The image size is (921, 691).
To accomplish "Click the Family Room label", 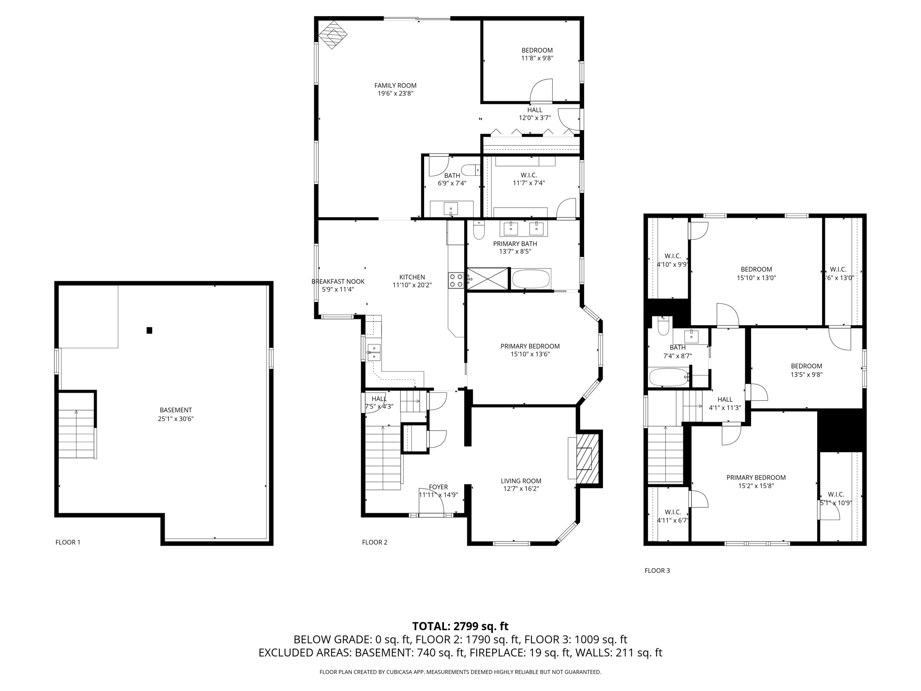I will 395,85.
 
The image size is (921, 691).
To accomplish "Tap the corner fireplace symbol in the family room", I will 333,34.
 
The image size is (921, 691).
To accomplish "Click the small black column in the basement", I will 149,330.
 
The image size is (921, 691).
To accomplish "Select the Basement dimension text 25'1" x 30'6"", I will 175,418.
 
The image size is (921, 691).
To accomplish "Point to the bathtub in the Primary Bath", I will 531,279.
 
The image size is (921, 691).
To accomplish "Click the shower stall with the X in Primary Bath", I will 487,279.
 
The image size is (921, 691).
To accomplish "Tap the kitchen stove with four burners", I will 456,280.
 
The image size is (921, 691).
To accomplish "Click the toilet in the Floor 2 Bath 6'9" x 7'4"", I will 471,170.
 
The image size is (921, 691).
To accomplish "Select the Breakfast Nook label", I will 338,282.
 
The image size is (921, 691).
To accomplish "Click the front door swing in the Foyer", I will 431,502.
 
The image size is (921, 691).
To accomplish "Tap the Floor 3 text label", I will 657,570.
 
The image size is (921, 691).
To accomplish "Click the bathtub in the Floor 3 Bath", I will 669,377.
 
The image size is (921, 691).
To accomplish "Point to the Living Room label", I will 521,481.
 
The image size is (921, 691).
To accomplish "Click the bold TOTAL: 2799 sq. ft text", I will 460,626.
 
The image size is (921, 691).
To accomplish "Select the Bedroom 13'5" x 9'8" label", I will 806,366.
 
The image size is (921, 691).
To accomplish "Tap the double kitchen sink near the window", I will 374,352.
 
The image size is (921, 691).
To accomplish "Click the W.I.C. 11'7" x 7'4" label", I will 528,175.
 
